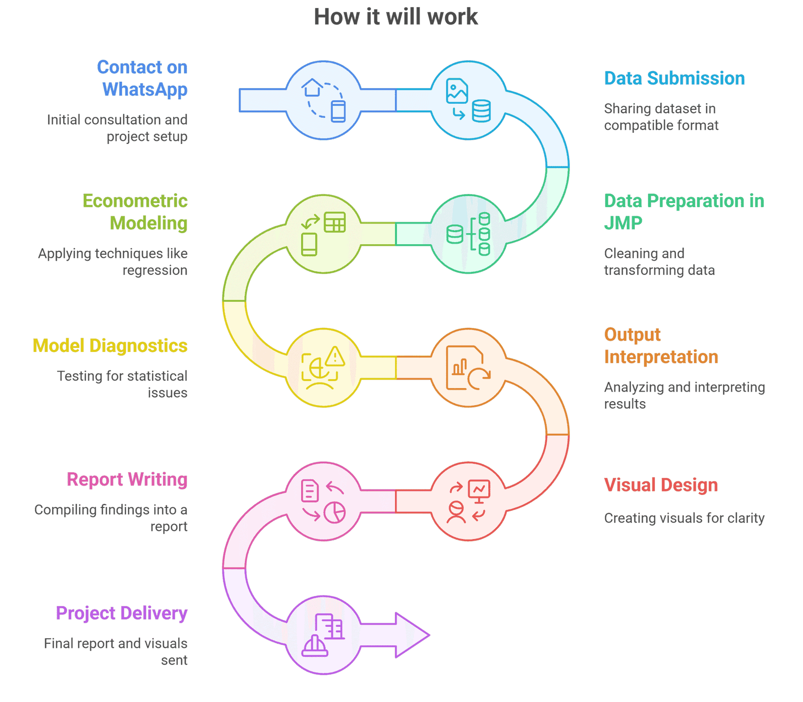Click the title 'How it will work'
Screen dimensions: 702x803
pyautogui.click(x=395, y=17)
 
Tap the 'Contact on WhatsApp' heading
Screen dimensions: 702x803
pyautogui.click(x=143, y=78)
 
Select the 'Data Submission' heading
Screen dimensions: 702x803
pyautogui.click(x=674, y=78)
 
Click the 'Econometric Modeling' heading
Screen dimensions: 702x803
pyautogui.click(x=136, y=212)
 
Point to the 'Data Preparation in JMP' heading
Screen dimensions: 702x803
pyautogui.click(x=684, y=212)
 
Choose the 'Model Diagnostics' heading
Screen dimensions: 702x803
pyautogui.click(x=110, y=345)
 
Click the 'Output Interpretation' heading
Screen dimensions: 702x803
pyautogui.click(x=660, y=345)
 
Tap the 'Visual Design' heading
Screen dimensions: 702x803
pyautogui.click(x=660, y=485)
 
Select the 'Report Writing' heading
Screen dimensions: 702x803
pyautogui.click(x=127, y=479)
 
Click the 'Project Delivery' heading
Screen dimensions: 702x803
pyautogui.click(x=121, y=613)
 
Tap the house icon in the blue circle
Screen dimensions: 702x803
pyautogui.click(x=312, y=87)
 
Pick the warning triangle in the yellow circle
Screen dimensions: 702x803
pyautogui.click(x=335, y=357)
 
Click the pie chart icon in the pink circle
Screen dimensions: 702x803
pyautogui.click(x=335, y=512)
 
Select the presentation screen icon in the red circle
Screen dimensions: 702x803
pyautogui.click(x=479, y=490)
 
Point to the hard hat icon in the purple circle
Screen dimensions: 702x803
pyautogui.click(x=315, y=646)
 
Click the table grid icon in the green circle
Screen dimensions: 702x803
pyautogui.click(x=335, y=222)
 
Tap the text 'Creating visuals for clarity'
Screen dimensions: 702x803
pyautogui.click(x=684, y=518)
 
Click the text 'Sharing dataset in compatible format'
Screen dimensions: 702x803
pyautogui.click(x=661, y=117)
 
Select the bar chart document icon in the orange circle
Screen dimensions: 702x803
pyautogui.click(x=462, y=367)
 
